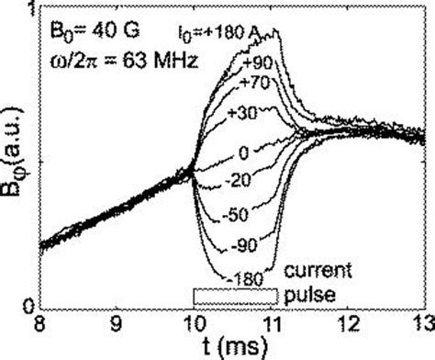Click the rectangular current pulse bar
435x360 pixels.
pyautogui.click(x=233, y=296)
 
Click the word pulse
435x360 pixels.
pyautogui.click(x=305, y=295)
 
